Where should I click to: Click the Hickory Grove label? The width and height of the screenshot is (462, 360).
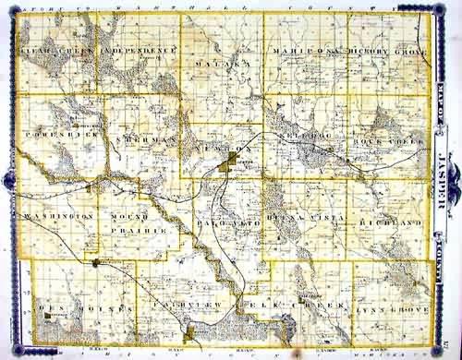tap(387, 53)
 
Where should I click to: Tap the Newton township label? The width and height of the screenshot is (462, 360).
tap(220, 149)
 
